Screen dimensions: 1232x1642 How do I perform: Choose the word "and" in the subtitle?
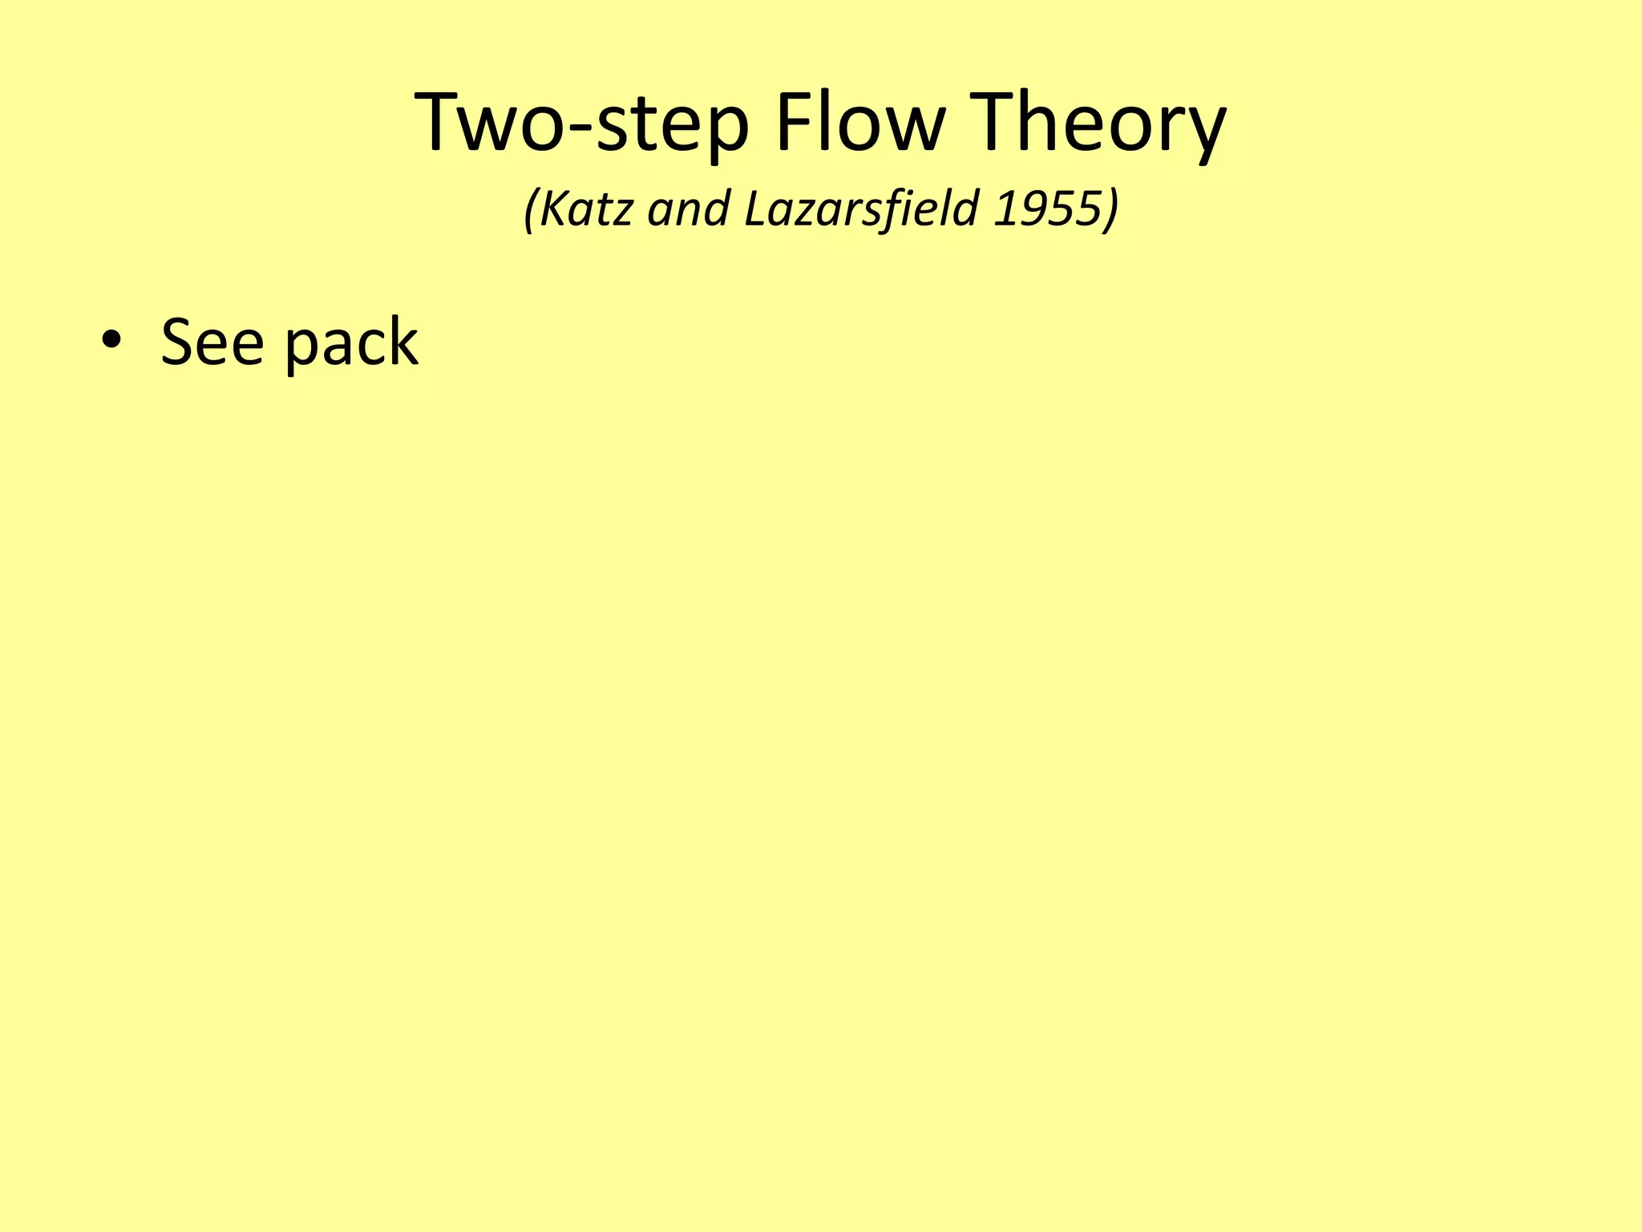689,210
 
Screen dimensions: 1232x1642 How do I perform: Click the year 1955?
1045,209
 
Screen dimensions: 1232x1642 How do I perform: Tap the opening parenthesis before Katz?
530,210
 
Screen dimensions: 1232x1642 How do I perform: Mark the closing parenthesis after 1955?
1111,210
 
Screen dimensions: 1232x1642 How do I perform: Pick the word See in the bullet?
212,342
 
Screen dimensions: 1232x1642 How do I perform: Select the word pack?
351,345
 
